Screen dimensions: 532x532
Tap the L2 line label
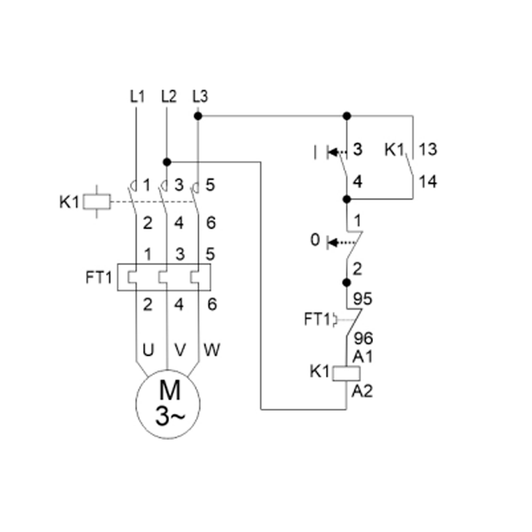pyautogui.click(x=168, y=96)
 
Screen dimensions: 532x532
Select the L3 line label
pyautogui.click(x=199, y=96)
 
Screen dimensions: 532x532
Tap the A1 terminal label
pyautogui.click(x=362, y=357)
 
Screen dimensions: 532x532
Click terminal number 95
pyautogui.click(x=363, y=297)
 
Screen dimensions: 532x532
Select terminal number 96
pyautogui.click(x=363, y=338)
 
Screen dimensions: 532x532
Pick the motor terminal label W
pyautogui.click(x=211, y=348)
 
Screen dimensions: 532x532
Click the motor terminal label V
pyautogui.click(x=179, y=348)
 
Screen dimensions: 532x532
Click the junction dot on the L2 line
pyautogui.click(x=167, y=161)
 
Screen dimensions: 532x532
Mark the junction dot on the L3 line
pyautogui.click(x=198, y=116)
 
